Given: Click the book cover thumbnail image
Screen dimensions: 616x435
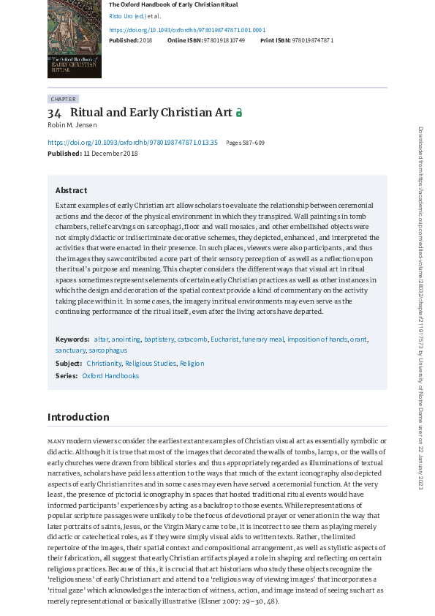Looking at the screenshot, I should pyautogui.click(x=74, y=39).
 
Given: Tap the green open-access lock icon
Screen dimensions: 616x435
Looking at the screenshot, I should pyautogui.click(x=238, y=113).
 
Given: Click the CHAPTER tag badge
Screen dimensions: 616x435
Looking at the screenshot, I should pyautogui.click(x=63, y=99).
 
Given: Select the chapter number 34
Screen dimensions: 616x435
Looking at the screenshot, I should pyautogui.click(x=55, y=113).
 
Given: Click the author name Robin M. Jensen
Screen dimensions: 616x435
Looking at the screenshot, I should pyautogui.click(x=72, y=125).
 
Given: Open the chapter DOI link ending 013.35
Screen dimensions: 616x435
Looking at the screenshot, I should pyautogui.click(x=132, y=143).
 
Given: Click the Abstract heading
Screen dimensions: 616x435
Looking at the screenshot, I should pyautogui.click(x=71, y=190).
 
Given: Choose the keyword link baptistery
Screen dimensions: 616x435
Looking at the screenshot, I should pyautogui.click(x=159, y=339).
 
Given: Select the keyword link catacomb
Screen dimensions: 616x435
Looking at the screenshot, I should pyautogui.click(x=192, y=339).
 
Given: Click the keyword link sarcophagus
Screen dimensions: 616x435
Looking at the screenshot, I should pyautogui.click(x=107, y=350).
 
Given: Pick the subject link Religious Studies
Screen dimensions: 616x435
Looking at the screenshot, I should pyautogui.click(x=151, y=363).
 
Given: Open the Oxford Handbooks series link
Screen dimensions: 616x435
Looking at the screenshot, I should pyautogui.click(x=110, y=376).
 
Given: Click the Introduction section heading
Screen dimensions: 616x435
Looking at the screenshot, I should pyautogui.click(x=78, y=417).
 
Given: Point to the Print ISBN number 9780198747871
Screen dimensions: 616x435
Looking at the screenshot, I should pyautogui.click(x=312, y=40).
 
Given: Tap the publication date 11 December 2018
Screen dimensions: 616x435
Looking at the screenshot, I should pyautogui.click(x=110, y=154).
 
